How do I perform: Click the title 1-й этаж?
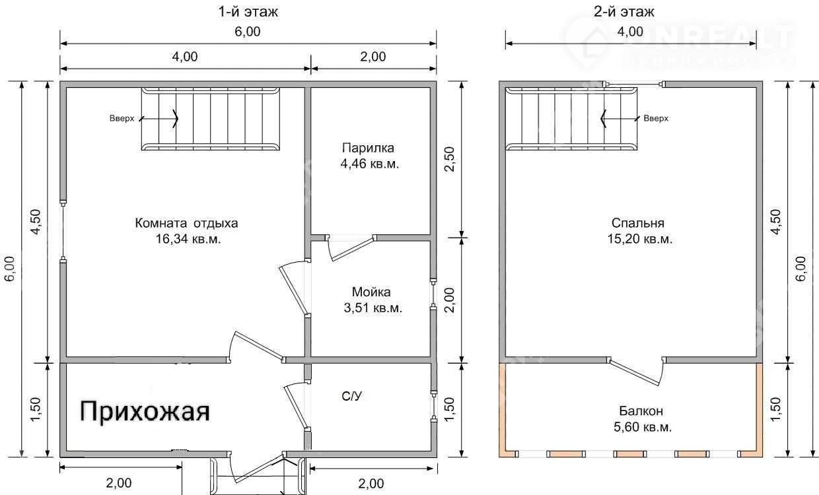point(248,12)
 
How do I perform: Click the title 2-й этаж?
point(623,12)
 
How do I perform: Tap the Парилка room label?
point(368,148)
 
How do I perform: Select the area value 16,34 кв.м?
point(188,239)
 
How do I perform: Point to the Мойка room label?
point(371,292)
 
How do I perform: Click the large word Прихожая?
point(145,411)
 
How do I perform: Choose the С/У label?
point(352,396)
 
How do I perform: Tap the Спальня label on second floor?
point(637,223)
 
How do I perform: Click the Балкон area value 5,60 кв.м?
point(643,427)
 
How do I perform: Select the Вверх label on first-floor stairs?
point(122,118)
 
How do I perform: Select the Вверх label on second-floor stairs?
point(656,118)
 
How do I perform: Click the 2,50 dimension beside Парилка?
point(450,159)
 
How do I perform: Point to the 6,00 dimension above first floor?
point(248,32)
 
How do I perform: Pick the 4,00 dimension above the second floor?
point(630,32)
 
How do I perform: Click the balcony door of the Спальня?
point(636,371)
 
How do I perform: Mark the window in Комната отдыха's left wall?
point(63,231)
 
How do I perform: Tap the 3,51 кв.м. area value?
point(373,308)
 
